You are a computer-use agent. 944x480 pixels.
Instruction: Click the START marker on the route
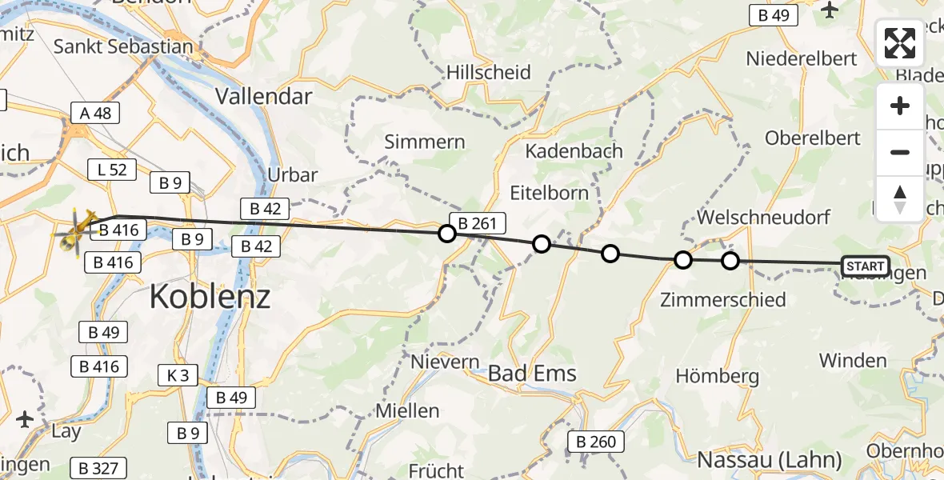(865, 266)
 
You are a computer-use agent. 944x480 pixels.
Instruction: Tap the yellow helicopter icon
(76, 233)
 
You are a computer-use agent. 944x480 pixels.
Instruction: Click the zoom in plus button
(900, 106)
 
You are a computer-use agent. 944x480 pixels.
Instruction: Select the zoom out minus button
(900, 152)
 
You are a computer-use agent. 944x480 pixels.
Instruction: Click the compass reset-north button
(900, 198)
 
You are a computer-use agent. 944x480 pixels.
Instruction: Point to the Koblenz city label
(210, 298)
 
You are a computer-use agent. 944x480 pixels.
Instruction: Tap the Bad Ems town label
(532, 374)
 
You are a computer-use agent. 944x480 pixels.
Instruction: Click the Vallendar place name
(263, 97)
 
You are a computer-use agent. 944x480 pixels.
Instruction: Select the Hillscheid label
(489, 73)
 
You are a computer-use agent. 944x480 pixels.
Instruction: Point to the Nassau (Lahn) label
(770, 460)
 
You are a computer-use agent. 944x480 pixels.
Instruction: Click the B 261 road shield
(479, 224)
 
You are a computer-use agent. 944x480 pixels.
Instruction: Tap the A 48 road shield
(95, 113)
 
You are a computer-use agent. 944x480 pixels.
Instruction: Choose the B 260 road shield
(597, 442)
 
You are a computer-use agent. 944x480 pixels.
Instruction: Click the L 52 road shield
(111, 169)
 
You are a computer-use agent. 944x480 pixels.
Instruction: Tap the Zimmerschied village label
(723, 300)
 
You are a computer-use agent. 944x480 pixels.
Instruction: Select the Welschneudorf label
(764, 217)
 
